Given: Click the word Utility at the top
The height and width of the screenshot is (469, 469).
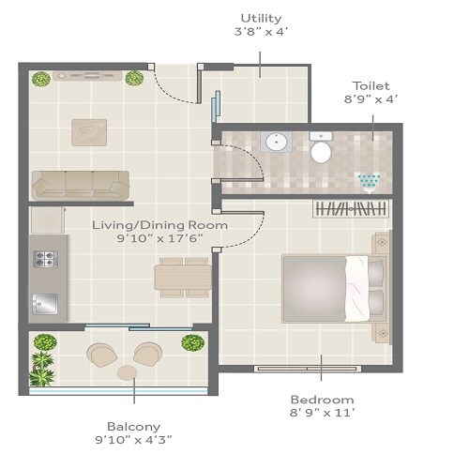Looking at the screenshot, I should tap(261, 18).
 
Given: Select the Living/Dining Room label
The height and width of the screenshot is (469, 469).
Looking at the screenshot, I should tap(159, 225).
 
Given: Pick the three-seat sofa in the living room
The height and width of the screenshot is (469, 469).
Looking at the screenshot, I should tap(81, 185).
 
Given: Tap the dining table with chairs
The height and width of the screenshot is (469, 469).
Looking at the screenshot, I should tap(183, 277).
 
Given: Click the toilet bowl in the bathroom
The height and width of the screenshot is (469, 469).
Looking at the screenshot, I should tap(321, 149).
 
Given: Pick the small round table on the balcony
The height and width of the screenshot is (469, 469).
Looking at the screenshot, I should tap(127, 373).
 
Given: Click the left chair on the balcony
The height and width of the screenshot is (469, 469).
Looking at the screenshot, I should tap(100, 355).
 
